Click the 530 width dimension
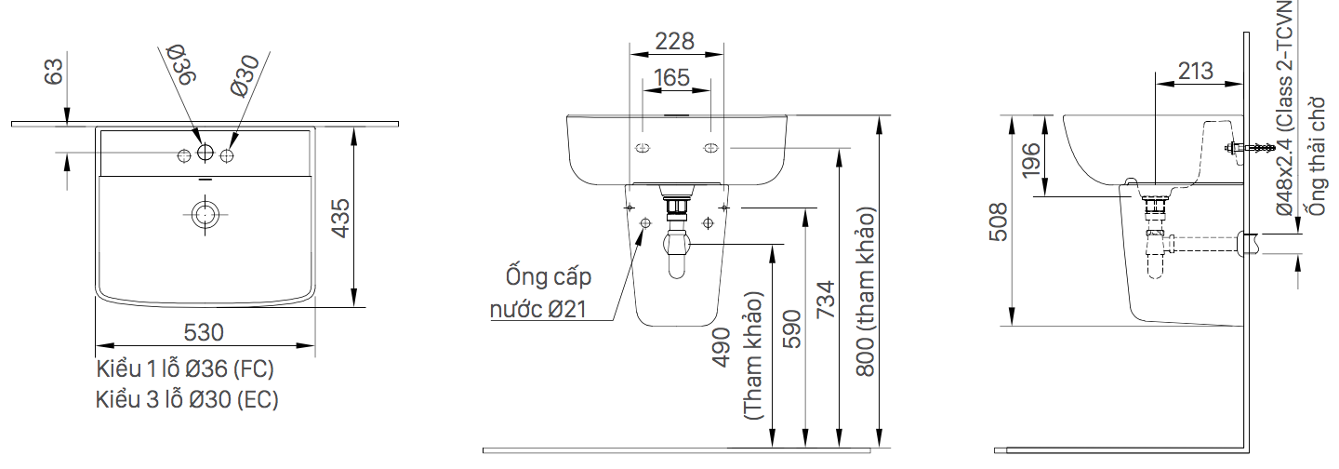click(x=205, y=331)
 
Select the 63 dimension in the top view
click(x=54, y=72)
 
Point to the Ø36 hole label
click(x=179, y=66)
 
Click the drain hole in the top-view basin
click(x=205, y=213)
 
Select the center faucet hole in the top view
click(x=205, y=153)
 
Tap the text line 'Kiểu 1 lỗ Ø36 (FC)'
click(x=185, y=369)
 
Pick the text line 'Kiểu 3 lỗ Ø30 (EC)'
click(x=187, y=400)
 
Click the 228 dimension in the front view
click(x=674, y=41)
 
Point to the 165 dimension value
click(x=672, y=77)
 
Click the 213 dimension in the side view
click(x=1196, y=71)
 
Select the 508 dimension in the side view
click(x=998, y=221)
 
